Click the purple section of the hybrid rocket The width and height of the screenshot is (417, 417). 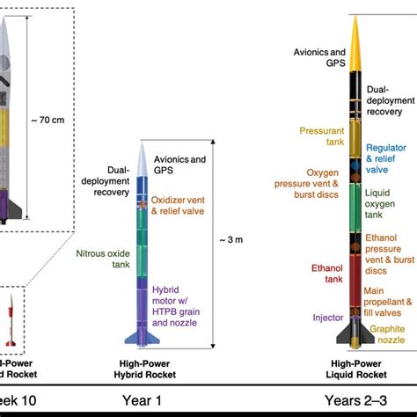click(146, 299)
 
